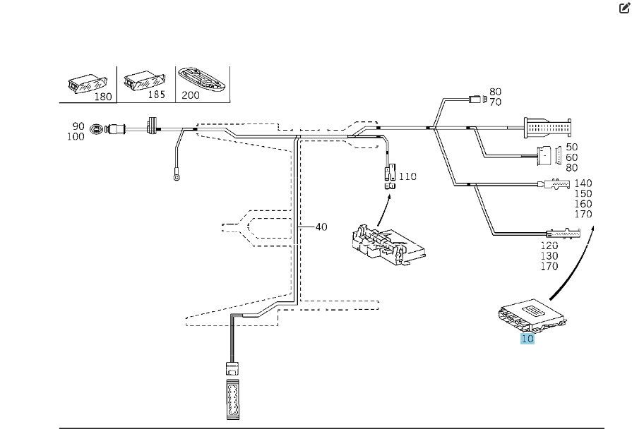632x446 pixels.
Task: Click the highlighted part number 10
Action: click(527, 339)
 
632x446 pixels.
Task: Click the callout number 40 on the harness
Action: click(321, 227)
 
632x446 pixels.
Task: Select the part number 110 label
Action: click(408, 176)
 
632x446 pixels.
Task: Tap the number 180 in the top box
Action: click(103, 97)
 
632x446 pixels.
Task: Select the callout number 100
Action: click(76, 136)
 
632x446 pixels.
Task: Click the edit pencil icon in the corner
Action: click(624, 8)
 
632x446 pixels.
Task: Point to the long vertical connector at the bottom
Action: click(233, 399)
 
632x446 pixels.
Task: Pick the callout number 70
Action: click(495, 102)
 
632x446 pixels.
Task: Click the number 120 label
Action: click(549, 246)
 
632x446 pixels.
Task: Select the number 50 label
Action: click(572, 147)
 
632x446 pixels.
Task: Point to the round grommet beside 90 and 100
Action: click(97, 130)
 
